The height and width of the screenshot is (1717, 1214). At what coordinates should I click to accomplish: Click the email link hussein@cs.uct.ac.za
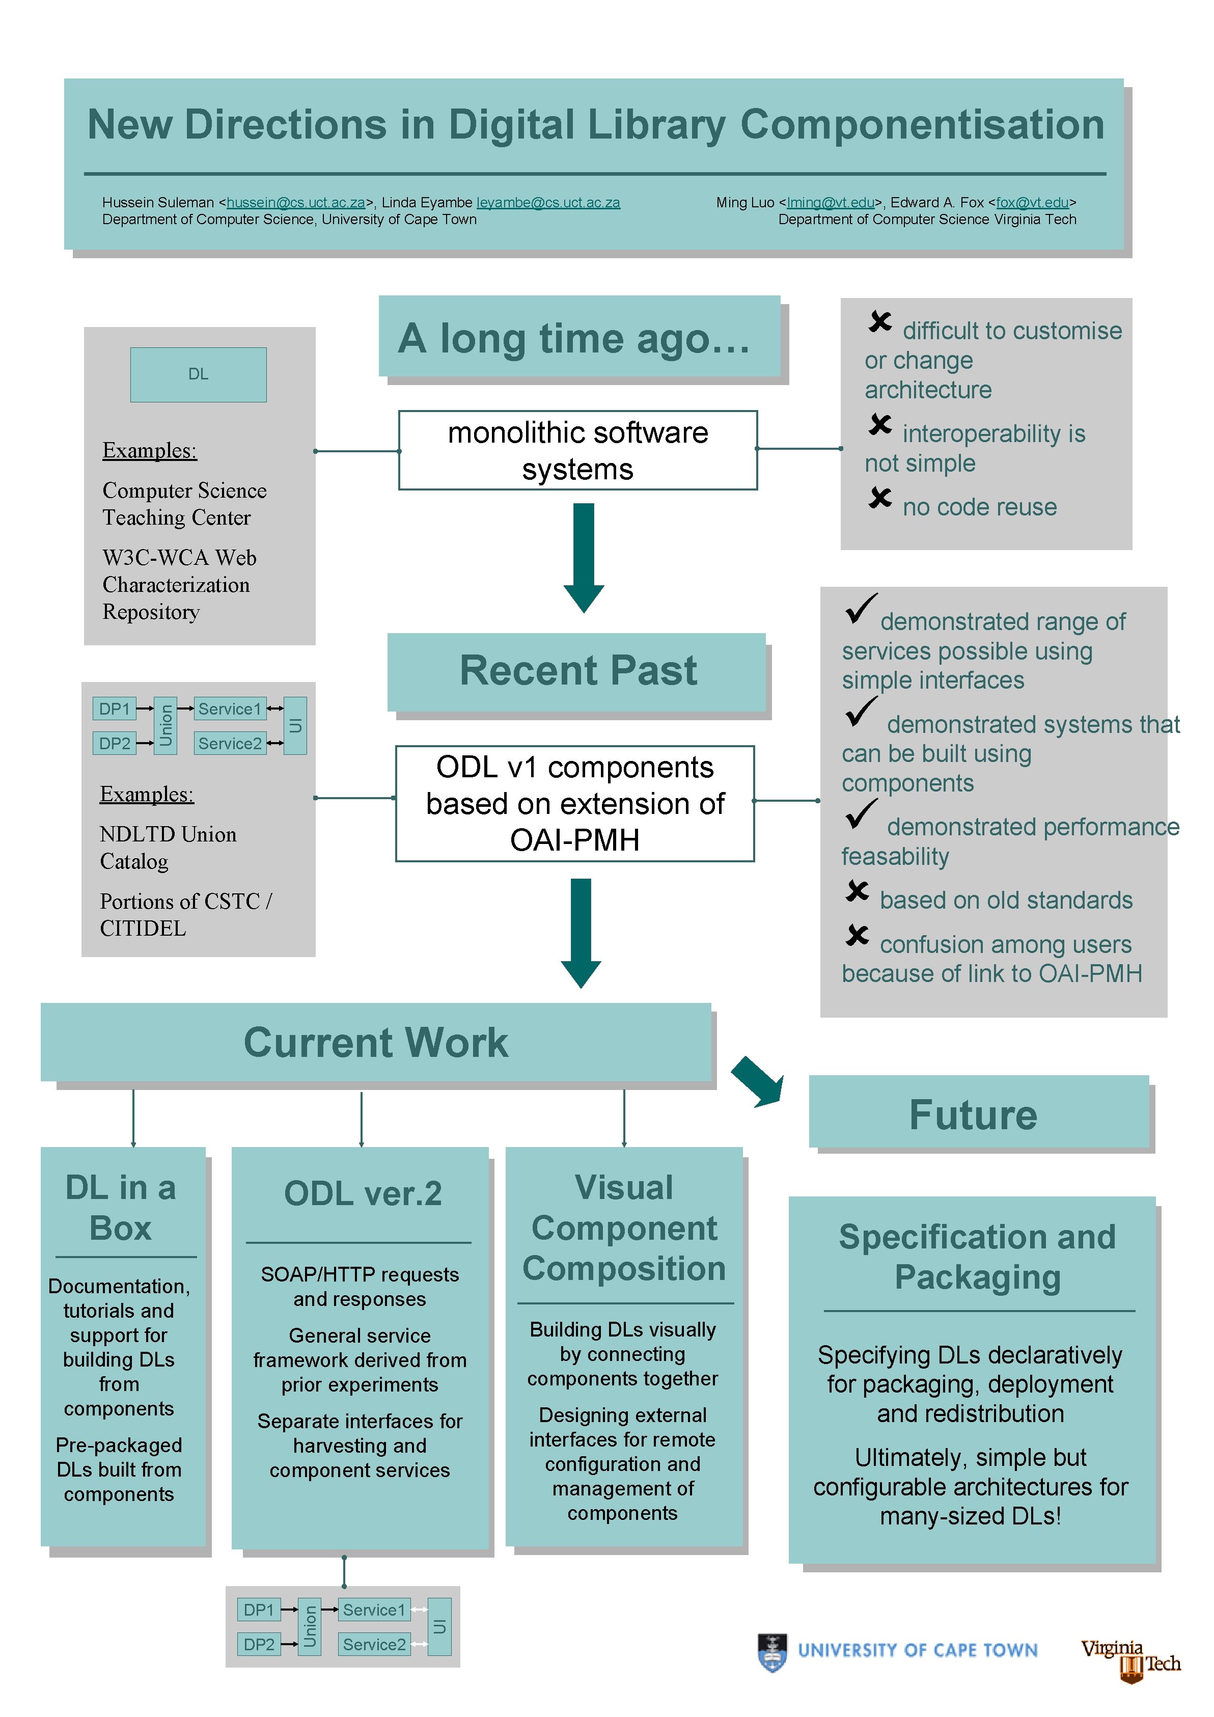296,203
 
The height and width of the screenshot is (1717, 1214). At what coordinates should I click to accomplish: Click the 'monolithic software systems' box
578,450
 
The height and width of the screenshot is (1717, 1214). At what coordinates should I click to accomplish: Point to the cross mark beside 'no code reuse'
880,498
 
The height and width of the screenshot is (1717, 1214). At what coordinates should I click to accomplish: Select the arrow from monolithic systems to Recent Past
583,557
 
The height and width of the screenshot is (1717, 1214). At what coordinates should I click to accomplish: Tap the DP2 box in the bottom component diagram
259,1645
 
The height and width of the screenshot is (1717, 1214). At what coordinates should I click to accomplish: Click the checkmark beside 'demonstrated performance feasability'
861,814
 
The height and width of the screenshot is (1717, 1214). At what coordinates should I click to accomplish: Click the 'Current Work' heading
375,1043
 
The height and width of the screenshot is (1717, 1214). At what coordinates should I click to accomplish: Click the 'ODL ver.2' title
363,1193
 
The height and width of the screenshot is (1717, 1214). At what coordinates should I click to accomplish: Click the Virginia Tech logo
1130,1659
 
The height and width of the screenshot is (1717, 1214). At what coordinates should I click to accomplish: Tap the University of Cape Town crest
772,1653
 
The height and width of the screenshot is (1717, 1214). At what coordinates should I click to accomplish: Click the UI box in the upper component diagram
295,725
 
